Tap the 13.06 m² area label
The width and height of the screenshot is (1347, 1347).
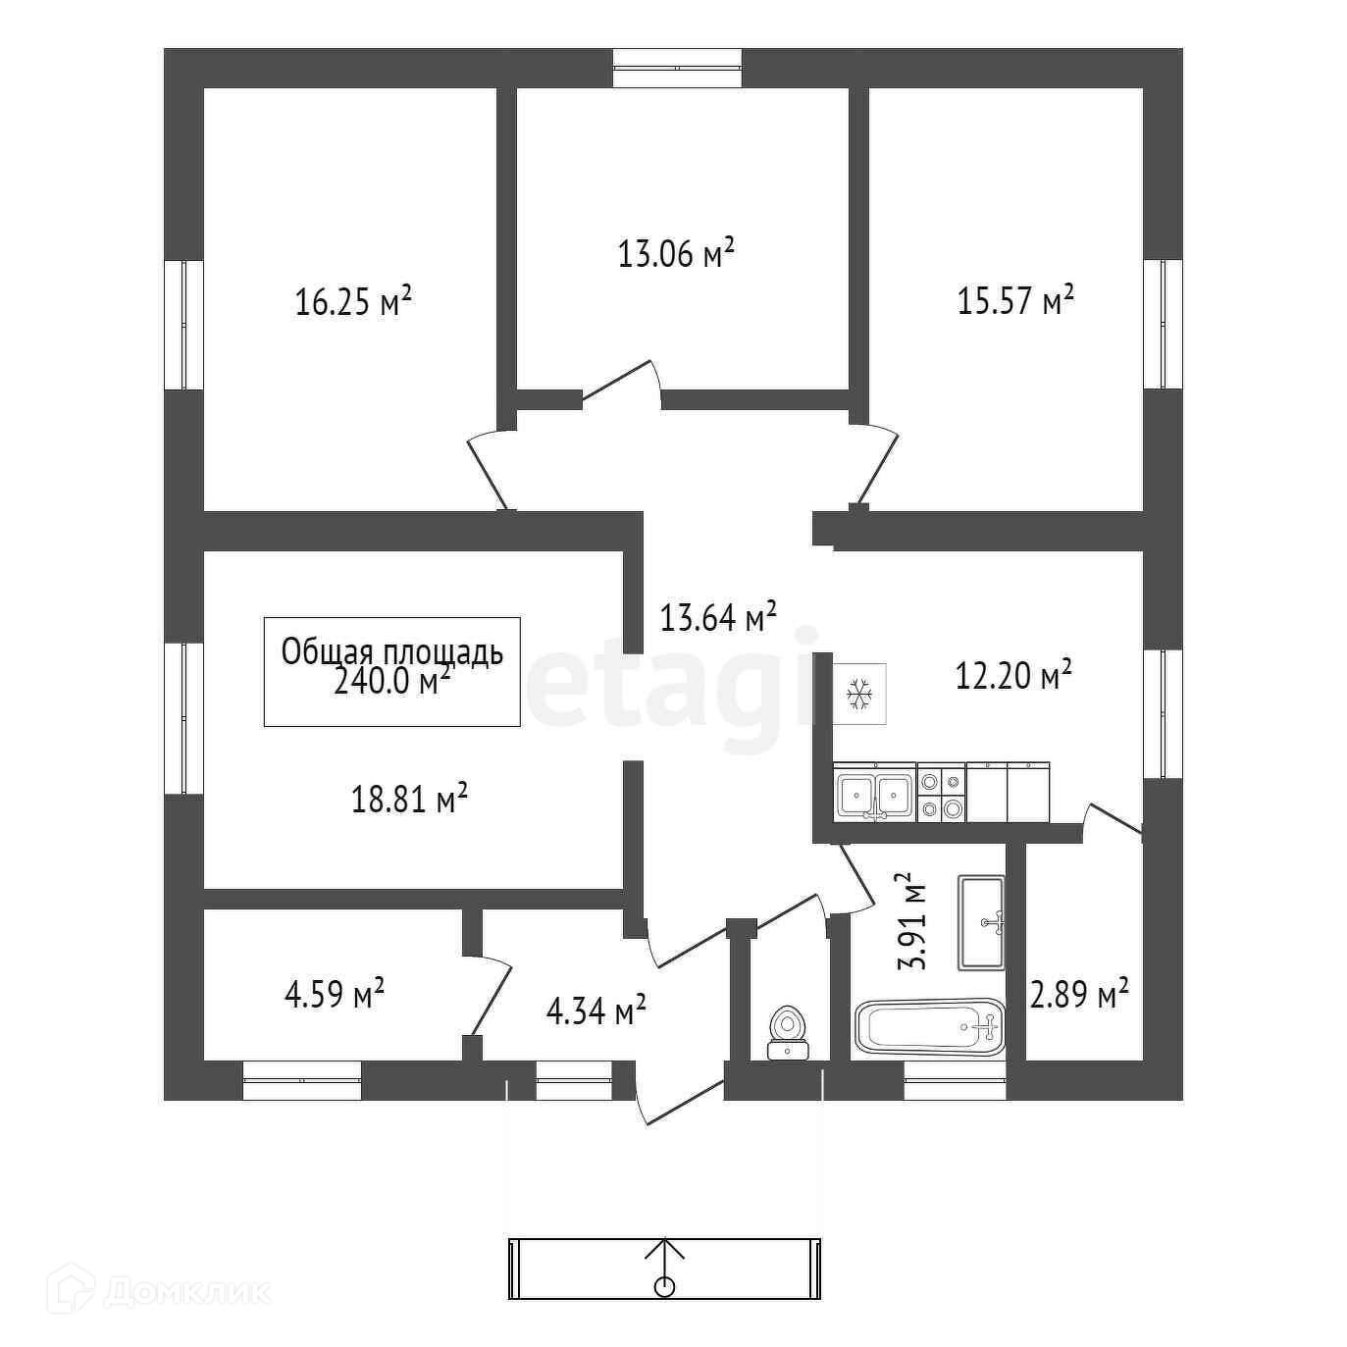tap(676, 254)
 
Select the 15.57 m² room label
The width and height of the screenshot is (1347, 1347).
tap(1015, 300)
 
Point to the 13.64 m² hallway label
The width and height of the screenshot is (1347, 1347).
tap(718, 617)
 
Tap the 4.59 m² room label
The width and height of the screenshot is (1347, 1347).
tap(334, 994)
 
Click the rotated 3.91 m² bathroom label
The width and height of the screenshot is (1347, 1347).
tap(912, 920)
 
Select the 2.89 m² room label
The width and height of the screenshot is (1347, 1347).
tap(1078, 996)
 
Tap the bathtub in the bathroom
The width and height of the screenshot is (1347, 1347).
tap(930, 1027)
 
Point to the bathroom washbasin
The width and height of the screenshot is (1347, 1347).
tap(981, 922)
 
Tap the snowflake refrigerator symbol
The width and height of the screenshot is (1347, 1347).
tap(860, 694)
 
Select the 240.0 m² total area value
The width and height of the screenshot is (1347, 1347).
tap(392, 681)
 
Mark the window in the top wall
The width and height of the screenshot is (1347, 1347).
tap(677, 67)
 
